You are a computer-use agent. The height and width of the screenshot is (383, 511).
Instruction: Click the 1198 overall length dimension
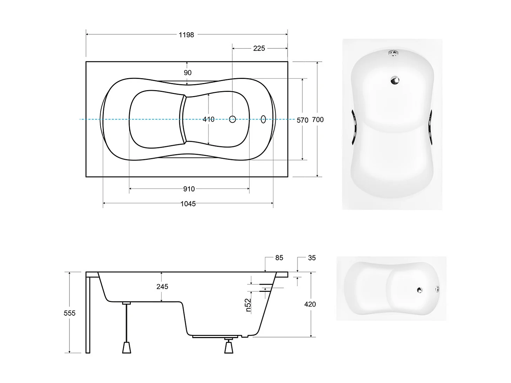[186, 35]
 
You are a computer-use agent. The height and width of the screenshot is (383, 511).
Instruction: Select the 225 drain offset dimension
[259, 48]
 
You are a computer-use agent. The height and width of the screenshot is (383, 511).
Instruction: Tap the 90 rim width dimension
[188, 73]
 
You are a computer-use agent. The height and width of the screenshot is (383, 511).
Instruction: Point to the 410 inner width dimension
[208, 120]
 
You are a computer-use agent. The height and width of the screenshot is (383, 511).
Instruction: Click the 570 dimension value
[302, 120]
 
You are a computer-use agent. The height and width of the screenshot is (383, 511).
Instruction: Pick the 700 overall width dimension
[318, 120]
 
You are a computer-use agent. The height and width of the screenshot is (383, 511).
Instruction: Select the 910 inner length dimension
[189, 189]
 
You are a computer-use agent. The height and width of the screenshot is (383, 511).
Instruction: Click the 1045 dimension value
[188, 204]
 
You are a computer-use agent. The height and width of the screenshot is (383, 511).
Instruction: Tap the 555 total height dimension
[69, 313]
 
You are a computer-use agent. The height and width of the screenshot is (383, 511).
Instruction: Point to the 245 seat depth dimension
[162, 287]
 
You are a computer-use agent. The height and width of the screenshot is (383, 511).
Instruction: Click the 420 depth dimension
[310, 304]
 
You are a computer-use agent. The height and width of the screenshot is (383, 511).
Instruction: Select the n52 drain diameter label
[248, 305]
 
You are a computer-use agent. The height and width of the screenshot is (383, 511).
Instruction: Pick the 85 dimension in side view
[279, 258]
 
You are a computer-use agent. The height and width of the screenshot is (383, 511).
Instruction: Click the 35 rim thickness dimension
[312, 258]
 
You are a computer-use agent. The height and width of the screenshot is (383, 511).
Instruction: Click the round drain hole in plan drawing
[233, 119]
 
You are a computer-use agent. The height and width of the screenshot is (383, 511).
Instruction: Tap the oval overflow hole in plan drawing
[263, 119]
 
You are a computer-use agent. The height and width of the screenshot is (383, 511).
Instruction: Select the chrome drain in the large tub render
[395, 80]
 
